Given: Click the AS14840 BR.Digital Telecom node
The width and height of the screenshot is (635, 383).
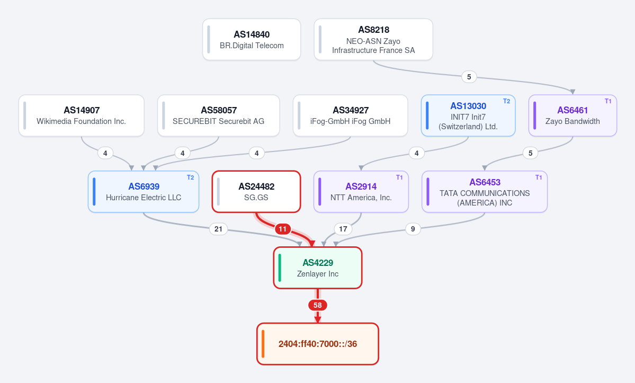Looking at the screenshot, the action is [252, 40].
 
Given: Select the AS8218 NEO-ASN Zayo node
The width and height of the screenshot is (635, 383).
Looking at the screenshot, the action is [373, 40].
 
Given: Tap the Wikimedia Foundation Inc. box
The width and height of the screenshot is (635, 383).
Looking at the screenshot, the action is [82, 116].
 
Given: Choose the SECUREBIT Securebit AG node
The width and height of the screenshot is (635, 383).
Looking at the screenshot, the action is [219, 116].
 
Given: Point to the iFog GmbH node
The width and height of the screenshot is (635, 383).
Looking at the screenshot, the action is [350, 116].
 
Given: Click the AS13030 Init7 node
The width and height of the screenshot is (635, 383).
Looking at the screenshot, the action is [468, 116].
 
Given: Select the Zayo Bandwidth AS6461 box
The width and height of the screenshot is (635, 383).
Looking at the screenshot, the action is [573, 116].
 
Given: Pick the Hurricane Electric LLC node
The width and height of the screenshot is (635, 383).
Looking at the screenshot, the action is [144, 192].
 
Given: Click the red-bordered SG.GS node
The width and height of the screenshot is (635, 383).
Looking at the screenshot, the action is [256, 192].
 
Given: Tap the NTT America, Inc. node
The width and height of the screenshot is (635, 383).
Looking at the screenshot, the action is [361, 192].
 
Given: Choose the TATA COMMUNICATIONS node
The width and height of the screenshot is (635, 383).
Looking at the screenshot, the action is [485, 192].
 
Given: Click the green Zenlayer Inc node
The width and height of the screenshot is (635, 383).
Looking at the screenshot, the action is [318, 268].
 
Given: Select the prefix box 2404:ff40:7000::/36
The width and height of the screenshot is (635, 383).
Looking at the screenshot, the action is [318, 344].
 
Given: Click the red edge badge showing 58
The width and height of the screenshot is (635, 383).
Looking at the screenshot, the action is [318, 305].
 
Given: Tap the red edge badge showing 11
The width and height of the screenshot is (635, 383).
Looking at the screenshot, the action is [283, 229].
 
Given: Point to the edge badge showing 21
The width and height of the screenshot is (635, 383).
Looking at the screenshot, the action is [218, 229].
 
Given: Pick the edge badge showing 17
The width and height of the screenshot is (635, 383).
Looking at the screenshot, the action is [343, 229].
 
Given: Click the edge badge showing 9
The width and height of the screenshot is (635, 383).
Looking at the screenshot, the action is [413, 229].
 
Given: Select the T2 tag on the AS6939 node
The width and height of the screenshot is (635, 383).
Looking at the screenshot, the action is [190, 177].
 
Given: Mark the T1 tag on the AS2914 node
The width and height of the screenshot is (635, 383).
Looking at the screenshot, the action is [399, 177].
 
